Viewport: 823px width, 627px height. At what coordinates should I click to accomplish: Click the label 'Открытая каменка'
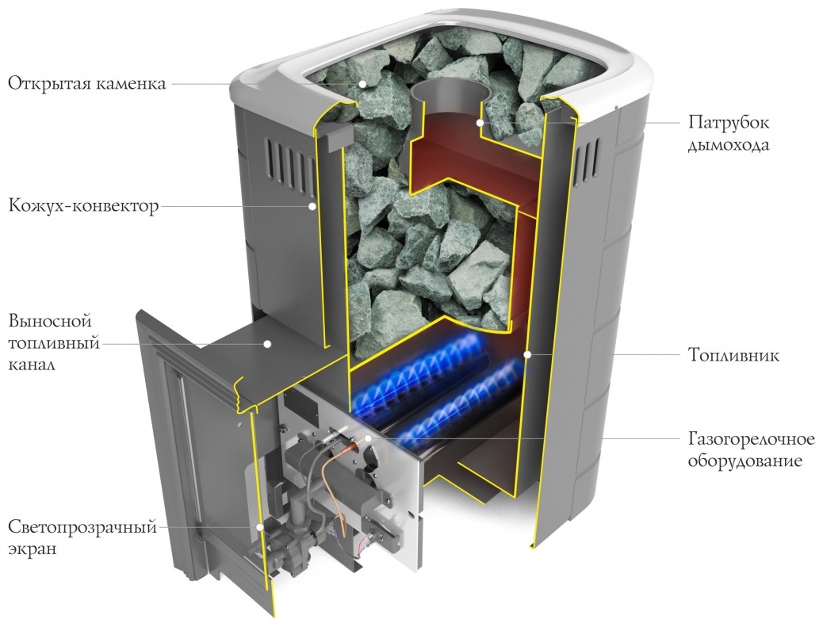(x=86, y=84)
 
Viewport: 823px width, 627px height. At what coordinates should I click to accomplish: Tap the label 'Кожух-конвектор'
(x=83, y=205)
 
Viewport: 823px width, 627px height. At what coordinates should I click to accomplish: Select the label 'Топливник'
(x=733, y=355)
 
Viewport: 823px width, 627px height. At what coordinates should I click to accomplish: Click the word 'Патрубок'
(x=729, y=122)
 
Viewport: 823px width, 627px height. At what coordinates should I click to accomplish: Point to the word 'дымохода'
(x=729, y=144)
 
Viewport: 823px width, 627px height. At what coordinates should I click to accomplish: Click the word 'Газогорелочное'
(x=751, y=438)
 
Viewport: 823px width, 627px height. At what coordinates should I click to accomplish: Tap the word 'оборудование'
(x=745, y=461)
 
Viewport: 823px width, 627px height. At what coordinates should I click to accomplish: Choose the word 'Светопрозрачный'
(x=82, y=527)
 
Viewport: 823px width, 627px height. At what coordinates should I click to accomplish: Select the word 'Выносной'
(x=51, y=320)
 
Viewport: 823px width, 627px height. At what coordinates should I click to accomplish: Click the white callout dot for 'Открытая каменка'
(x=362, y=84)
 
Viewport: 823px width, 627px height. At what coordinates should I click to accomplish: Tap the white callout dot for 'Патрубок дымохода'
(x=479, y=123)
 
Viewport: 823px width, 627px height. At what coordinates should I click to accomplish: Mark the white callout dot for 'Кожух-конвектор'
(x=312, y=206)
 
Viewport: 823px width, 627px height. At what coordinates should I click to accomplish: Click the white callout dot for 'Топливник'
(x=528, y=355)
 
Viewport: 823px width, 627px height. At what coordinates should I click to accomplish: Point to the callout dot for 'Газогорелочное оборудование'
(x=369, y=438)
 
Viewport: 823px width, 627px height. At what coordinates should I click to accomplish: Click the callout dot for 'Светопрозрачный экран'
(x=258, y=527)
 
